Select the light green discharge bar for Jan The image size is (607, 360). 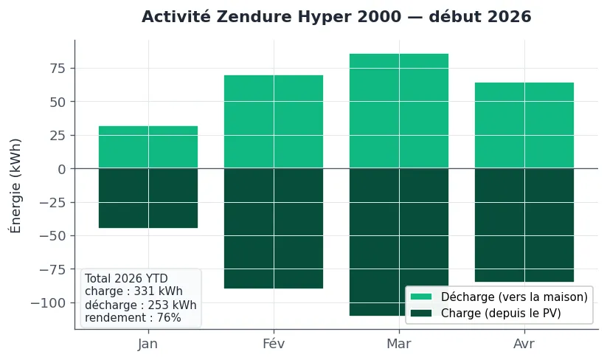pos(148,148)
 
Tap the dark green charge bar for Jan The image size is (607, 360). pos(148,198)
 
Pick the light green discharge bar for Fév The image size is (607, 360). pos(274,122)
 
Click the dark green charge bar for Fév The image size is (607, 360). pos(274,228)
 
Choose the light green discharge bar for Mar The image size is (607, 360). pos(399,111)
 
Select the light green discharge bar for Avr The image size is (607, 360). pos(524,125)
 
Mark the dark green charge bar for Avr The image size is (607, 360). pos(524,225)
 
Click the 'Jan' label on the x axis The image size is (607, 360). pos(148,344)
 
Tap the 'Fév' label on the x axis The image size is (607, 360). pos(274,344)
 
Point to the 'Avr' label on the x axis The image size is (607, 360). pos(524,344)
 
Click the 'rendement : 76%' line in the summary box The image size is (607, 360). pos(133,318)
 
